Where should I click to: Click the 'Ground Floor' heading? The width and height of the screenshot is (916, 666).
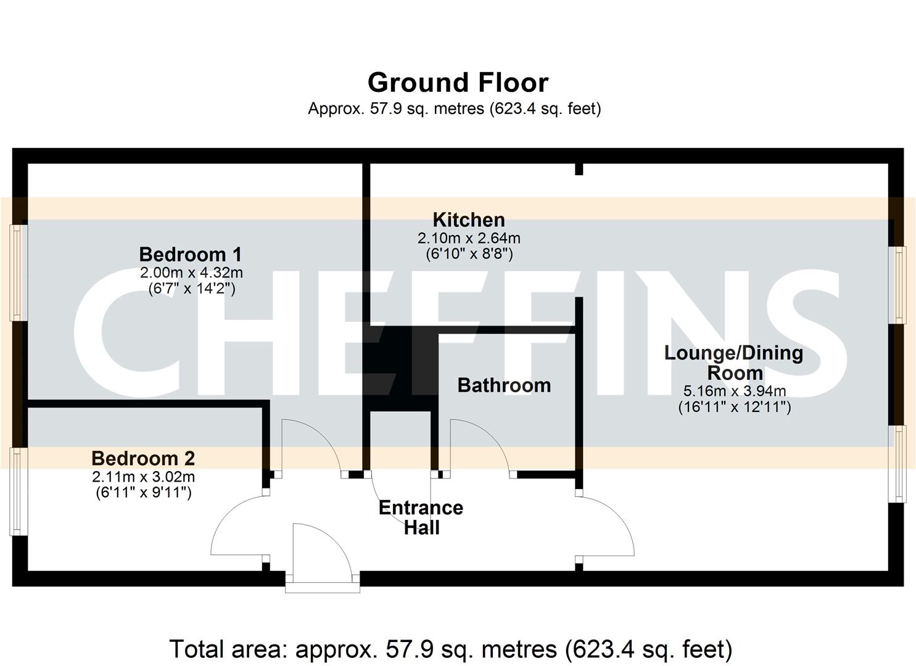458,83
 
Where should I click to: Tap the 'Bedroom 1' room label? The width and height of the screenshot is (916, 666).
190,254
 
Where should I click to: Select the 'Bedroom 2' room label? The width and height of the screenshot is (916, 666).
143,458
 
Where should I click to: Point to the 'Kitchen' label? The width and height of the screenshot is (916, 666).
469,220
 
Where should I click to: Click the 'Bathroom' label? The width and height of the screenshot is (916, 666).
504,385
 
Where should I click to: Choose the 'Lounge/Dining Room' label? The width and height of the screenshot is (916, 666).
734,363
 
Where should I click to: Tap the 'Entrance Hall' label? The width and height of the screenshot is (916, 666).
421,517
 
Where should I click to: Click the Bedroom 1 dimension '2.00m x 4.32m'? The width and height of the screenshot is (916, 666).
191,273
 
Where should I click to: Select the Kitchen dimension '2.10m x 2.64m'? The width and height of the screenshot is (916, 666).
469,238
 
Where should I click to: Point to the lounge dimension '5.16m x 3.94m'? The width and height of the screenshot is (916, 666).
734,391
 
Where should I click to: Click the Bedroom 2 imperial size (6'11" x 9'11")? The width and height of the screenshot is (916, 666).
143,492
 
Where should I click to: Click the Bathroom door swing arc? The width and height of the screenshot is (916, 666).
478,444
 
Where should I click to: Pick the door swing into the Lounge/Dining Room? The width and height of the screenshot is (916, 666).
608,524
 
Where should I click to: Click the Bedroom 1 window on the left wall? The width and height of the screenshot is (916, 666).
18,272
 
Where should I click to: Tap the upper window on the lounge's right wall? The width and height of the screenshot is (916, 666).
901,284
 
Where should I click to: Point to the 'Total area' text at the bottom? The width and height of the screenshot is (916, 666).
450,649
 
